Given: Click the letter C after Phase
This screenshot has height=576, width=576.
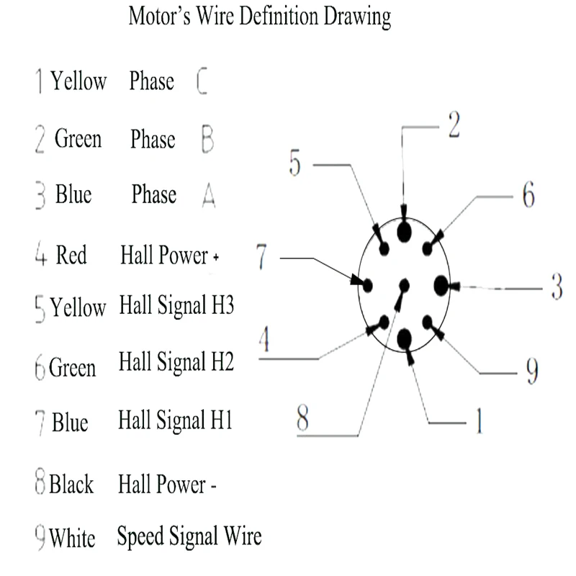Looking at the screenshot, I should (202, 82).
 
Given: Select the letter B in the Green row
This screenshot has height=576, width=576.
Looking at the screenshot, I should (207, 138).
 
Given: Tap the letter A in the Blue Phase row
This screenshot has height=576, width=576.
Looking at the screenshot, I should (208, 194).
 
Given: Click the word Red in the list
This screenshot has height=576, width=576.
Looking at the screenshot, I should (71, 255).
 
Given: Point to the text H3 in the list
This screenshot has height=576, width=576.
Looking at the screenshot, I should (223, 306).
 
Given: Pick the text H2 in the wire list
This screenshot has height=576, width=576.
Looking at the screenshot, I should (222, 361).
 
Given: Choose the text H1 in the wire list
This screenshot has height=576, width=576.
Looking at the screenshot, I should (221, 419).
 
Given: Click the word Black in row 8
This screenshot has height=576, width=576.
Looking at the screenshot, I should (71, 484).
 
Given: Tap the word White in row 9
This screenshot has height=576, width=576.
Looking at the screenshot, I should (72, 538).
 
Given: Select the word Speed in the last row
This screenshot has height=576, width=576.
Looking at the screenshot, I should (140, 536).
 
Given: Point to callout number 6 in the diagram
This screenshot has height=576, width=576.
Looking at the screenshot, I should (528, 195).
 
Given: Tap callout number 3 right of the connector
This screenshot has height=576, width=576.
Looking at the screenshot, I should (556, 287).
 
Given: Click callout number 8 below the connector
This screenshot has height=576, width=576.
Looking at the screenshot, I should (302, 419).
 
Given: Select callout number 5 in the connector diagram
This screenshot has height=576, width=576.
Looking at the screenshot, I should (295, 163).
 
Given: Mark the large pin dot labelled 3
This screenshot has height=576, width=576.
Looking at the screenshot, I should (441, 286).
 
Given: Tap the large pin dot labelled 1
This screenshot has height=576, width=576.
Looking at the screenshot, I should (404, 336).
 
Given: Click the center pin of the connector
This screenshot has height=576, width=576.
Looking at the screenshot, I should (403, 285).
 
